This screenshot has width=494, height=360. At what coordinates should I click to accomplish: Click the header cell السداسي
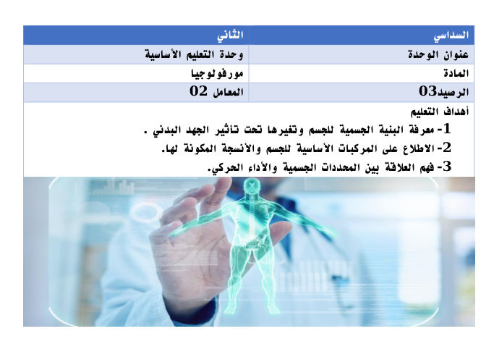point(362,35)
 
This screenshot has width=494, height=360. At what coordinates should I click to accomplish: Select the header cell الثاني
point(136,35)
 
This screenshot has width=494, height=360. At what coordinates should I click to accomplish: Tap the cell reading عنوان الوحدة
point(362,54)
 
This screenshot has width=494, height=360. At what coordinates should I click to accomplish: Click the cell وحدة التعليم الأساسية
point(136,54)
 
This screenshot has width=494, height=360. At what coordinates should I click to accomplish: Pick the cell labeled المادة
point(362,73)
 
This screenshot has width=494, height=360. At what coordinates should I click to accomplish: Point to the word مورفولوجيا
point(217,73)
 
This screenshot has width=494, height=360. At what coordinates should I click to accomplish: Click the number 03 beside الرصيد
point(427,91)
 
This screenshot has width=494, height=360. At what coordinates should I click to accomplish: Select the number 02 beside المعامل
point(198,91)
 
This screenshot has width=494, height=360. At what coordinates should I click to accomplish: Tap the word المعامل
point(228,92)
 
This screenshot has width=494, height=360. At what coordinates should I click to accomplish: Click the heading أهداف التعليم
point(440,112)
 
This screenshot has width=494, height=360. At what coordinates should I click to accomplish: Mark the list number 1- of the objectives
point(443,129)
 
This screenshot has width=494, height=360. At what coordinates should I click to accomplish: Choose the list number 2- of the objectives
point(443,148)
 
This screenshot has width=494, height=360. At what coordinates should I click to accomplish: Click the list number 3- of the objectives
point(443,167)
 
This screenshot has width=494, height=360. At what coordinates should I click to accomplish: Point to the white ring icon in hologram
point(146,212)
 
